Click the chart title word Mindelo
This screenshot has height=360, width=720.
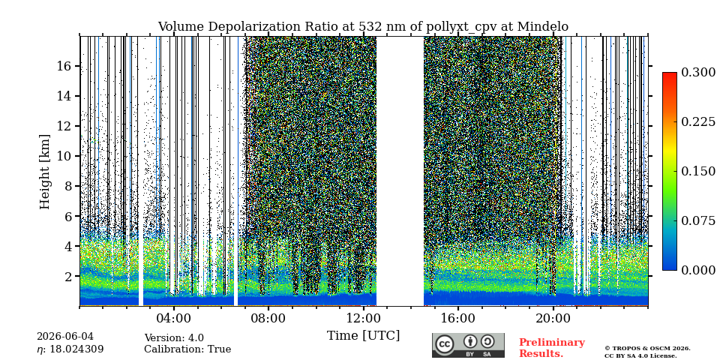[x=543, y=27]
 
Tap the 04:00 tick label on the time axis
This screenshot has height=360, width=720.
[x=173, y=318]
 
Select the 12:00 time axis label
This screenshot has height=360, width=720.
[x=363, y=318]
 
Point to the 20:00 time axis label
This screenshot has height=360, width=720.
[x=553, y=318]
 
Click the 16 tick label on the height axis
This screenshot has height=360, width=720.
[x=63, y=66]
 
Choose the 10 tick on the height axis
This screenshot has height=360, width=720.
[x=63, y=156]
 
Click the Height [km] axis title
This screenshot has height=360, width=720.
[x=44, y=172]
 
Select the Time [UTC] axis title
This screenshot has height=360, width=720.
[x=363, y=336]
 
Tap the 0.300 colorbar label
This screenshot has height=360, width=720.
[x=698, y=73]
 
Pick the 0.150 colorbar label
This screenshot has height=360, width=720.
[x=698, y=171]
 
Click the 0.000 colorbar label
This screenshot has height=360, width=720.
[x=698, y=270]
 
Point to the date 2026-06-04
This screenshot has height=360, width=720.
[x=64, y=337]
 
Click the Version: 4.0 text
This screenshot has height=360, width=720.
[x=174, y=338]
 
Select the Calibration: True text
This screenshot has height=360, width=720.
[x=187, y=349]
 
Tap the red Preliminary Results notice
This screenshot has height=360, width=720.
[x=552, y=348]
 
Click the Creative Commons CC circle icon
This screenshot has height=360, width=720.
[x=445, y=344]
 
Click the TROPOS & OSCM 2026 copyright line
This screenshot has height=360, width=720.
[x=647, y=349]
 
